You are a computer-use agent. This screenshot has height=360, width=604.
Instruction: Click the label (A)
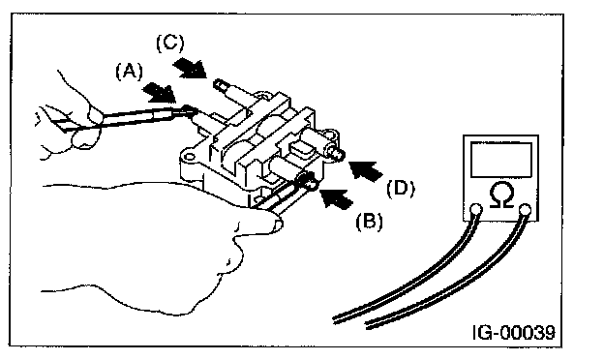point(130,72)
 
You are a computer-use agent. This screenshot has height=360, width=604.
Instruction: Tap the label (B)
point(369,222)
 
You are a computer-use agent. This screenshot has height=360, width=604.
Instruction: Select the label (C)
point(170,44)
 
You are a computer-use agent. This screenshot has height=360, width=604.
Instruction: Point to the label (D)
point(401,189)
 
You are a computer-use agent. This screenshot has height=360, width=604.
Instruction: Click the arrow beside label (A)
point(160,93)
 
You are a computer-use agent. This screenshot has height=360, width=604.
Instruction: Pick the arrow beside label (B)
point(337,197)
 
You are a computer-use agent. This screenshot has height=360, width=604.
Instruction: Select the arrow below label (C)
point(190,68)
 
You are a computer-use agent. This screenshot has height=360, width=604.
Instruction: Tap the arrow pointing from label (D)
point(366,169)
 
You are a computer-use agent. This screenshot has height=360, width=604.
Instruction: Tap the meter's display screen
point(500,160)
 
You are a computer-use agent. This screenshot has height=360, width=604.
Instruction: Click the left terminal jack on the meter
point(476,209)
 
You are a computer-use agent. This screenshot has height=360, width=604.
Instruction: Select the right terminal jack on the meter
point(525,210)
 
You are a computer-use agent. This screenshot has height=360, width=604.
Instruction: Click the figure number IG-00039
point(514,332)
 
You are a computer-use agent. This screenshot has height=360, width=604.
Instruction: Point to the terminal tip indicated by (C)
point(219,83)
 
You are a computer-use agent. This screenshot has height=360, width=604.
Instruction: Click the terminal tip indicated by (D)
point(338,155)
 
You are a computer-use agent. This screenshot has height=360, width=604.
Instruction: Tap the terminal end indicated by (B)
point(312,185)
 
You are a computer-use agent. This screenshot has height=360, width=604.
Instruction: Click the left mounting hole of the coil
point(189,157)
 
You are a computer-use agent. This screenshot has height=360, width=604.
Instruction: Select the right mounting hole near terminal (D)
point(328,134)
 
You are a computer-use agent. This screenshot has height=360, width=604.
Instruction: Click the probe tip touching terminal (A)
point(189,108)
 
